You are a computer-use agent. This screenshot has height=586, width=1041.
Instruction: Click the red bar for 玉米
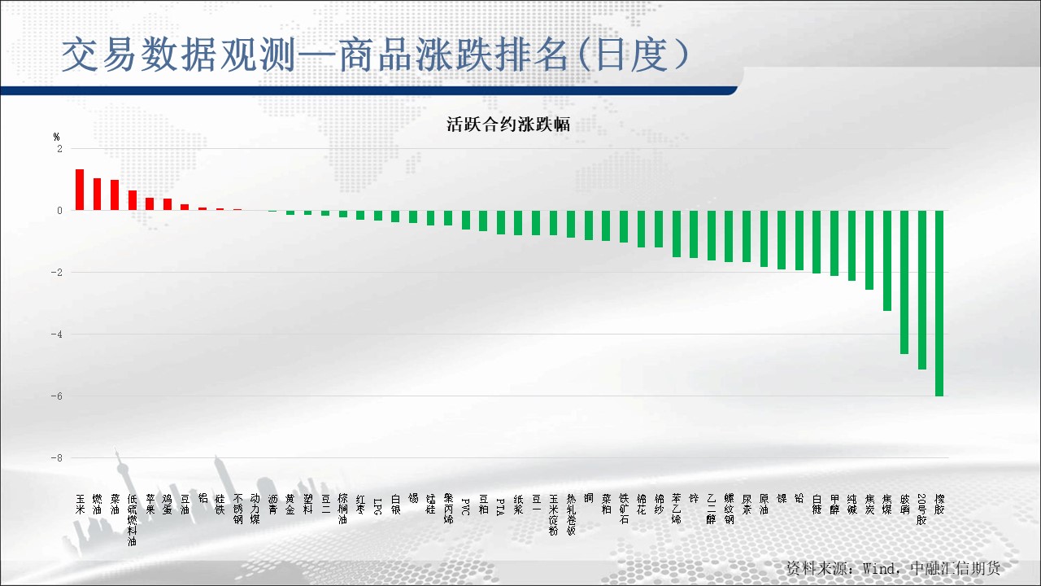[x=80, y=190]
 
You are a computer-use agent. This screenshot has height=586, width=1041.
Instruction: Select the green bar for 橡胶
[x=939, y=303]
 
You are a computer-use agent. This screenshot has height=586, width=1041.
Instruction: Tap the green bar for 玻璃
[x=904, y=282]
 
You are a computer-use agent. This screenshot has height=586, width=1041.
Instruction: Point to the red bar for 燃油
[x=98, y=194]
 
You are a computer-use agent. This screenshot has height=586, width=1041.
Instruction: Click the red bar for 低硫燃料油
[x=133, y=200]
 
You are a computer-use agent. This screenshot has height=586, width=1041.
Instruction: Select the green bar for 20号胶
[x=922, y=290]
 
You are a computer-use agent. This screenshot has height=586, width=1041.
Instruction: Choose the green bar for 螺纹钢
[x=729, y=235]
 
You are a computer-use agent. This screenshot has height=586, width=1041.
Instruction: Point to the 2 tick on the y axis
[x=59, y=149]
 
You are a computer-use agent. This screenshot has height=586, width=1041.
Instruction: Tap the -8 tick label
[x=56, y=458]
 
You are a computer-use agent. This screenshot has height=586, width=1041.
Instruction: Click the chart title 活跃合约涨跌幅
[x=507, y=125]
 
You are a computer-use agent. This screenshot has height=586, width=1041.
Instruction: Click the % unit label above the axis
[x=57, y=137]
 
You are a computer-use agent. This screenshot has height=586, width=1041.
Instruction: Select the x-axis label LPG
[x=377, y=505]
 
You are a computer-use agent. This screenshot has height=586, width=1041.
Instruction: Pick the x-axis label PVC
[x=465, y=505]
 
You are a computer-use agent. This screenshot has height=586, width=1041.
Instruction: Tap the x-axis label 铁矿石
[x=624, y=509]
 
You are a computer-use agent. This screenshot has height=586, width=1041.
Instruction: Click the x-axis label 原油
[x=764, y=505]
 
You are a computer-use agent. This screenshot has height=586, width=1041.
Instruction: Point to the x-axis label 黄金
[x=290, y=505]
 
